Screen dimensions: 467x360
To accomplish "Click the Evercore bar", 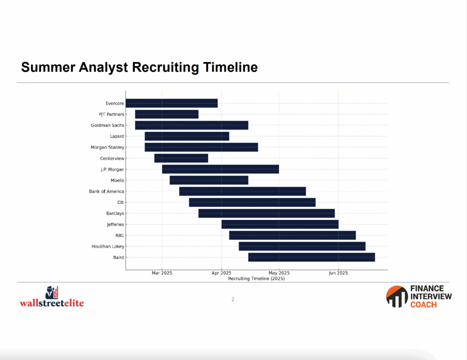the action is (x=171, y=103).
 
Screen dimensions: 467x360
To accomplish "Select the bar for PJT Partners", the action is (x=167, y=114).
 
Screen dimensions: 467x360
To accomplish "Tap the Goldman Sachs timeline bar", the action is (x=192, y=125).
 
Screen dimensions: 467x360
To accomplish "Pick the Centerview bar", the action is (x=181, y=158).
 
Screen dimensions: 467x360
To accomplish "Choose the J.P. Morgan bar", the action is (x=220, y=169).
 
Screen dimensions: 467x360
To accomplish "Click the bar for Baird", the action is (x=311, y=257).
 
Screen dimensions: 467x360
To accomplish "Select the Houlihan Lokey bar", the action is (x=302, y=246).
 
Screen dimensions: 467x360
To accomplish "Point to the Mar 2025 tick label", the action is (x=162, y=273).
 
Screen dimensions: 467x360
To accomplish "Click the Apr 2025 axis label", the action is (x=221, y=273).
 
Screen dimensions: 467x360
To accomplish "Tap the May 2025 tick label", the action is (x=279, y=273).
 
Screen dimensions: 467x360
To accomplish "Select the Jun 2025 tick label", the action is (x=338, y=273).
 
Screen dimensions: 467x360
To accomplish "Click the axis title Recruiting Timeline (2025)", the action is (x=256, y=279).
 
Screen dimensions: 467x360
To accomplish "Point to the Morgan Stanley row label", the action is (x=108, y=147).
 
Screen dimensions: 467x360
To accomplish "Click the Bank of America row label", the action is (x=107, y=191).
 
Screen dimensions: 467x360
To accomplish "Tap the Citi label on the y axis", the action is (x=120, y=202).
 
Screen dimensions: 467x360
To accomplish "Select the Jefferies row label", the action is (x=115, y=224).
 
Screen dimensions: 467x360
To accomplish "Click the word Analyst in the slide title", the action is (x=104, y=68).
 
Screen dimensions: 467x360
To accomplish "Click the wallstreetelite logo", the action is (x=52, y=297).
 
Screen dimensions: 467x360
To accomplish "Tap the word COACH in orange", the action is (x=424, y=305).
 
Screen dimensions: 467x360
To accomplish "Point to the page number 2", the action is (x=233, y=299).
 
